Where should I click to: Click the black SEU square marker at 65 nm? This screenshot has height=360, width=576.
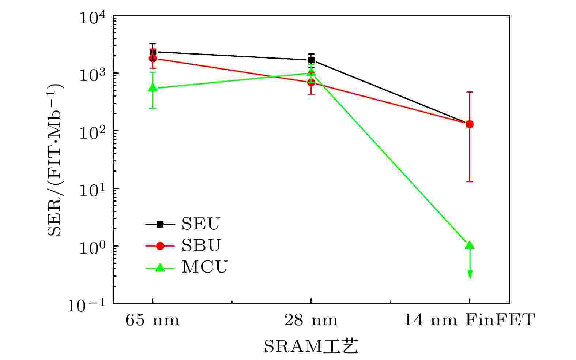pos(153,52)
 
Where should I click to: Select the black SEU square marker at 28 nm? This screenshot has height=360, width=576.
pos(311,60)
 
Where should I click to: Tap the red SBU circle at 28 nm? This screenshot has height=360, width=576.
pos(311,82)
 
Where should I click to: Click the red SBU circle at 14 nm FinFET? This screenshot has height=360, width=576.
pos(470,124)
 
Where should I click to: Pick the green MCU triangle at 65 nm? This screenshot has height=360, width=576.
pos(153,87)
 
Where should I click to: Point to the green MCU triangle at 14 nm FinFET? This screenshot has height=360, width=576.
pos(470,245)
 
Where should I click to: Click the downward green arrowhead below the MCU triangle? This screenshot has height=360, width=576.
pos(470,275)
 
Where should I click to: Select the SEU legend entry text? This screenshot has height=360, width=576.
pos(201,224)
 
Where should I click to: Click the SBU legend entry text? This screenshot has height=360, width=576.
pos(201,245)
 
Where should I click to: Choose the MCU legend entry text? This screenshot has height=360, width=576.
pos(204,267)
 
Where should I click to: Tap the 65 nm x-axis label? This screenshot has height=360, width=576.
pos(153,320)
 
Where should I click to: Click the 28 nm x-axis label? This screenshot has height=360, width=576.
pos(311,320)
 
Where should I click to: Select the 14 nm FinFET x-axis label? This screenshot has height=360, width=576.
pos(469,320)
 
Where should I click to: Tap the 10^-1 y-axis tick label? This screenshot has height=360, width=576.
pos(87,304)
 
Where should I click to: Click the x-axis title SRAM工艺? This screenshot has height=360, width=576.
pos(310,346)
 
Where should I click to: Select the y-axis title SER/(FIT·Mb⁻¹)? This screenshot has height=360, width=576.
pos(56,160)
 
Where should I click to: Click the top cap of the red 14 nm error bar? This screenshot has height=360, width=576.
pos(470,92)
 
